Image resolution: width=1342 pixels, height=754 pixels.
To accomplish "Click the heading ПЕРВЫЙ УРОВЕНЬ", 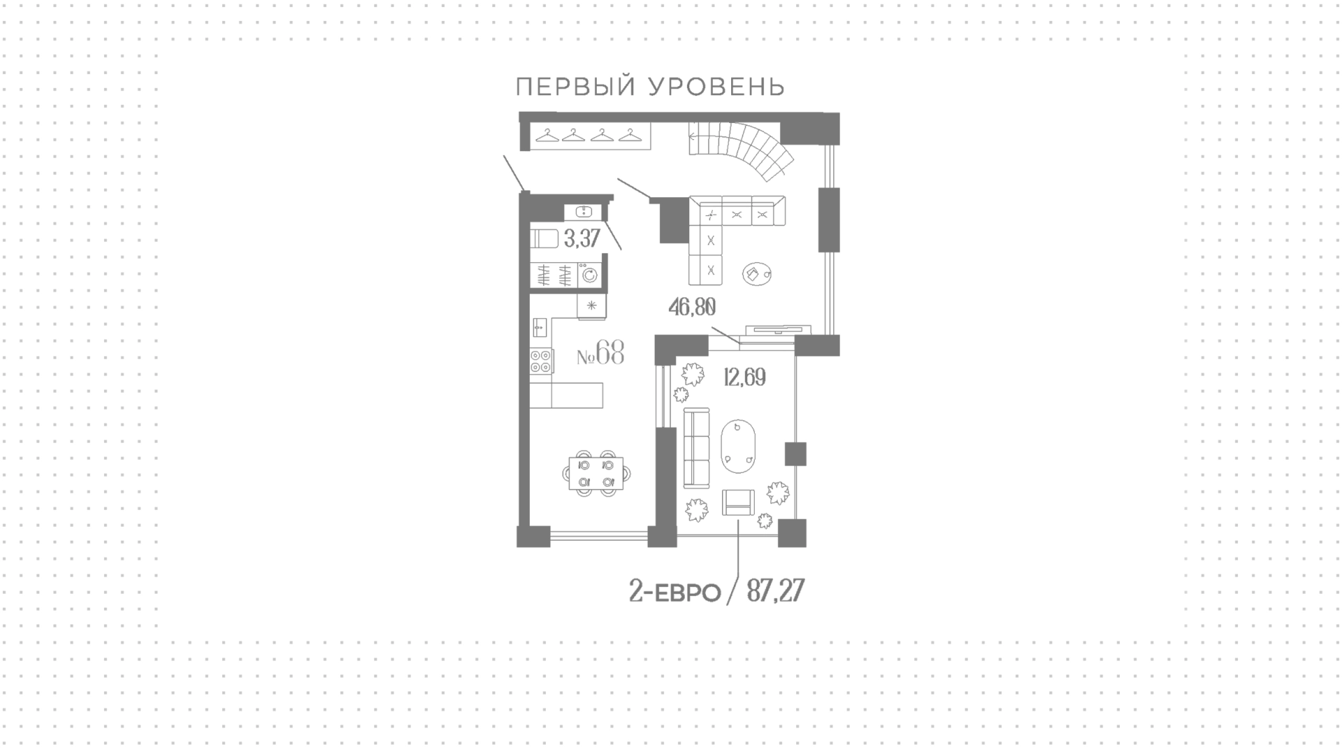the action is pos(650,87).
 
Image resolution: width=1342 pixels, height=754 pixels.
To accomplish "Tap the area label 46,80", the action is pos(692,306).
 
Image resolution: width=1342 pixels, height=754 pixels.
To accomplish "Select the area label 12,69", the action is pos(744,378).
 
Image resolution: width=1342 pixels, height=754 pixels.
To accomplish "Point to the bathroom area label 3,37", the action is pos(582,239).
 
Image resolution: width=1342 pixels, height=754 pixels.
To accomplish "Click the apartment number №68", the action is pos(600,353).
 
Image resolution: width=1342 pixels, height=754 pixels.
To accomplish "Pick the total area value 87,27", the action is pos(775,592).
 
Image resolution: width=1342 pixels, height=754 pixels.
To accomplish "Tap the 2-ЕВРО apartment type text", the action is pos(674,593).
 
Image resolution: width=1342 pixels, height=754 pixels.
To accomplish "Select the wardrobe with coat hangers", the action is pos(591,135).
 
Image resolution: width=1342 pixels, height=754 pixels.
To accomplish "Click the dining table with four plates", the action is pos(596,473).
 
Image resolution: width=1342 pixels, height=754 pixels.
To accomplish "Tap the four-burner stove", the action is pos(541,361).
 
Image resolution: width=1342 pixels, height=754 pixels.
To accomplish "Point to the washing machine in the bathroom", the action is pos(590,275).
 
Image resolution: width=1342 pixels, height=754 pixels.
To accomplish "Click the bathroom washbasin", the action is pos(583,211).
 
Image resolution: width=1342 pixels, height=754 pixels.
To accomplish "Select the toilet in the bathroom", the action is pos(544,239).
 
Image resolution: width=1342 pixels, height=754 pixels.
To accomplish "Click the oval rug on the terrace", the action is pos(739,446).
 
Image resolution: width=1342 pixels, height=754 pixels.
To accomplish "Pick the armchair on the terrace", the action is pos(739,503).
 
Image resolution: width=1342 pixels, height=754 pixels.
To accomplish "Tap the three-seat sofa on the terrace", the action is pos(696,449).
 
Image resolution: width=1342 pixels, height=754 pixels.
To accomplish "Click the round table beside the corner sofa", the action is pos(756,275).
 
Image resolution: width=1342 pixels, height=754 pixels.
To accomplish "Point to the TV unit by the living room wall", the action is pos(778,329).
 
